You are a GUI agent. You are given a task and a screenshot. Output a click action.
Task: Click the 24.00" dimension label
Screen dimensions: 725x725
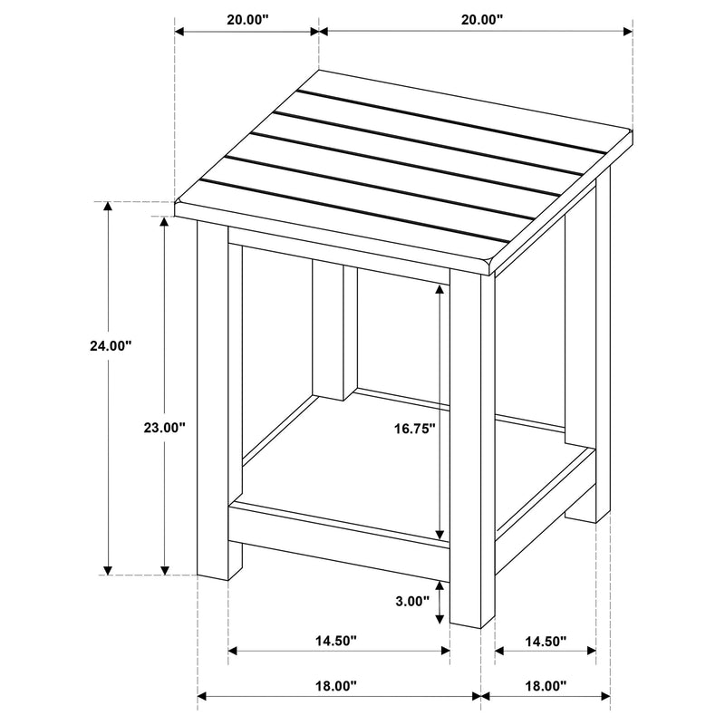pyautogui.click(x=111, y=345)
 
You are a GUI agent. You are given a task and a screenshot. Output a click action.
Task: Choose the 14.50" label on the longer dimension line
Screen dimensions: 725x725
pyautogui.click(x=335, y=641)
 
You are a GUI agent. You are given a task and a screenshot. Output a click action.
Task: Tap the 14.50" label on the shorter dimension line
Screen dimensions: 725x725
pyautogui.click(x=545, y=641)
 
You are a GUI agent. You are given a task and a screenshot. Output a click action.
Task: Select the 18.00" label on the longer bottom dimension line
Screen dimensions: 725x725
pyautogui.click(x=335, y=686)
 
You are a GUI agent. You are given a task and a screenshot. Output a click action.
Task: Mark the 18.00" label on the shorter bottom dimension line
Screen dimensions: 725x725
pyautogui.click(x=545, y=686)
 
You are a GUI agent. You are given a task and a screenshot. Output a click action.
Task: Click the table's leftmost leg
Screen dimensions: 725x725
pyautogui.click(x=213, y=399)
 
